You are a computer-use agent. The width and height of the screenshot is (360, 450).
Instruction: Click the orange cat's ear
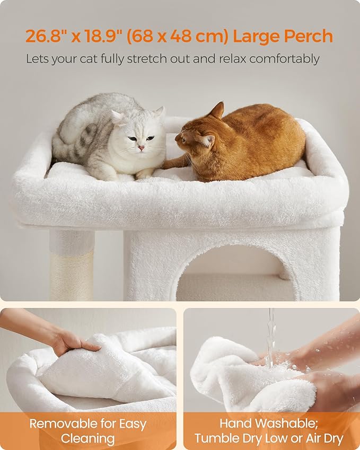217,111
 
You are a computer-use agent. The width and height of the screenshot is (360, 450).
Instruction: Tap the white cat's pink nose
141,148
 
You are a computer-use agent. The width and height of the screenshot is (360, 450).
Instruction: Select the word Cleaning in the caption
87,438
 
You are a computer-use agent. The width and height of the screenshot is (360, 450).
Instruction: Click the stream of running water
271,334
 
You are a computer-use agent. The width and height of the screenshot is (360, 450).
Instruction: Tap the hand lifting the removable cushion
74,340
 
